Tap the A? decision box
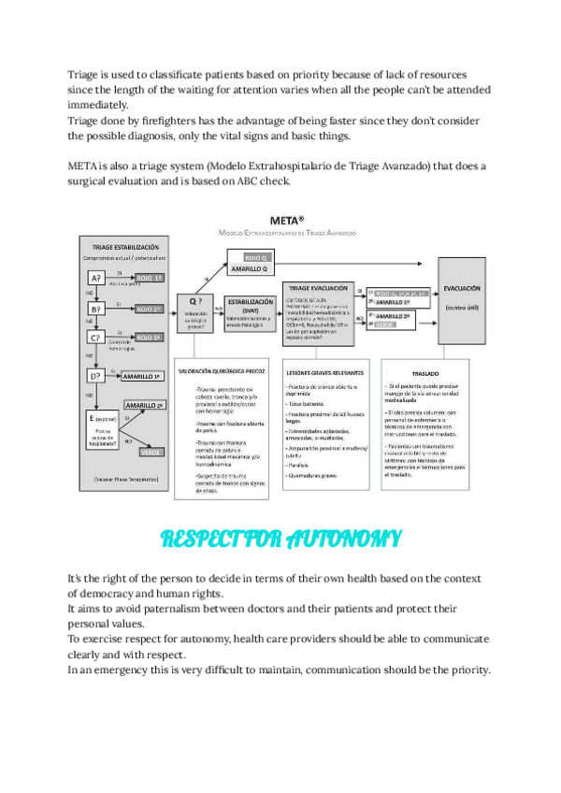(96, 278)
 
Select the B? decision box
(96, 308)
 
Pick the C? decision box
(96, 338)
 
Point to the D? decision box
(96, 376)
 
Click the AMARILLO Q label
(251, 268)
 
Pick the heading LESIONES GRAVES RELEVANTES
(324, 372)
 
